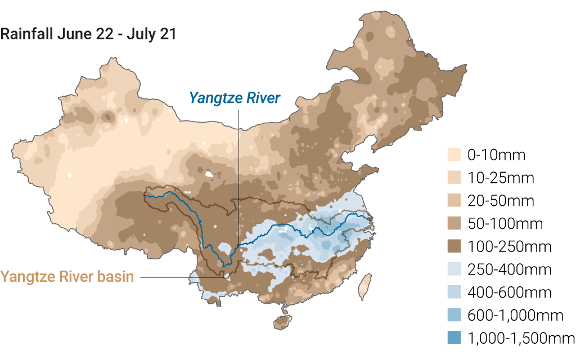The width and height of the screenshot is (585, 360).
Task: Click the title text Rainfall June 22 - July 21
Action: pos(88,34)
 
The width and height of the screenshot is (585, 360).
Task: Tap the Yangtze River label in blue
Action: pos(235,98)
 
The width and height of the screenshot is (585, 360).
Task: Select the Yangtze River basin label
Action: pos(67,277)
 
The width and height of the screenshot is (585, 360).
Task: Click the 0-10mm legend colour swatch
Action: pos(453,155)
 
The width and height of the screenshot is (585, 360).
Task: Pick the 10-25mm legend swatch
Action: pos(453,178)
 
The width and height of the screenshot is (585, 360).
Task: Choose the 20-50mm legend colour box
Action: pos(453,201)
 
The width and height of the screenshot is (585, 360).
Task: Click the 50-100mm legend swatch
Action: pos(453,223)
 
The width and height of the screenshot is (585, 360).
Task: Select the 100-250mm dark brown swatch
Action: pos(453,246)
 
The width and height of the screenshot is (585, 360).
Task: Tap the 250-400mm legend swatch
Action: pos(453,269)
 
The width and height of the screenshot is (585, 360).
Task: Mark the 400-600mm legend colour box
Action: pos(453,292)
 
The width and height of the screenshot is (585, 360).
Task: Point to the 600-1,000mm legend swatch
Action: pos(453,315)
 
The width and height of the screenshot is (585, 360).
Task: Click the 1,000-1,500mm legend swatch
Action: pos(453,338)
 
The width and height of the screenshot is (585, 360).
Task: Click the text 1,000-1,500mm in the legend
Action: pos(521,338)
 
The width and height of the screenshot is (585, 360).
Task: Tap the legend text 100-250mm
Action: pos(510,246)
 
